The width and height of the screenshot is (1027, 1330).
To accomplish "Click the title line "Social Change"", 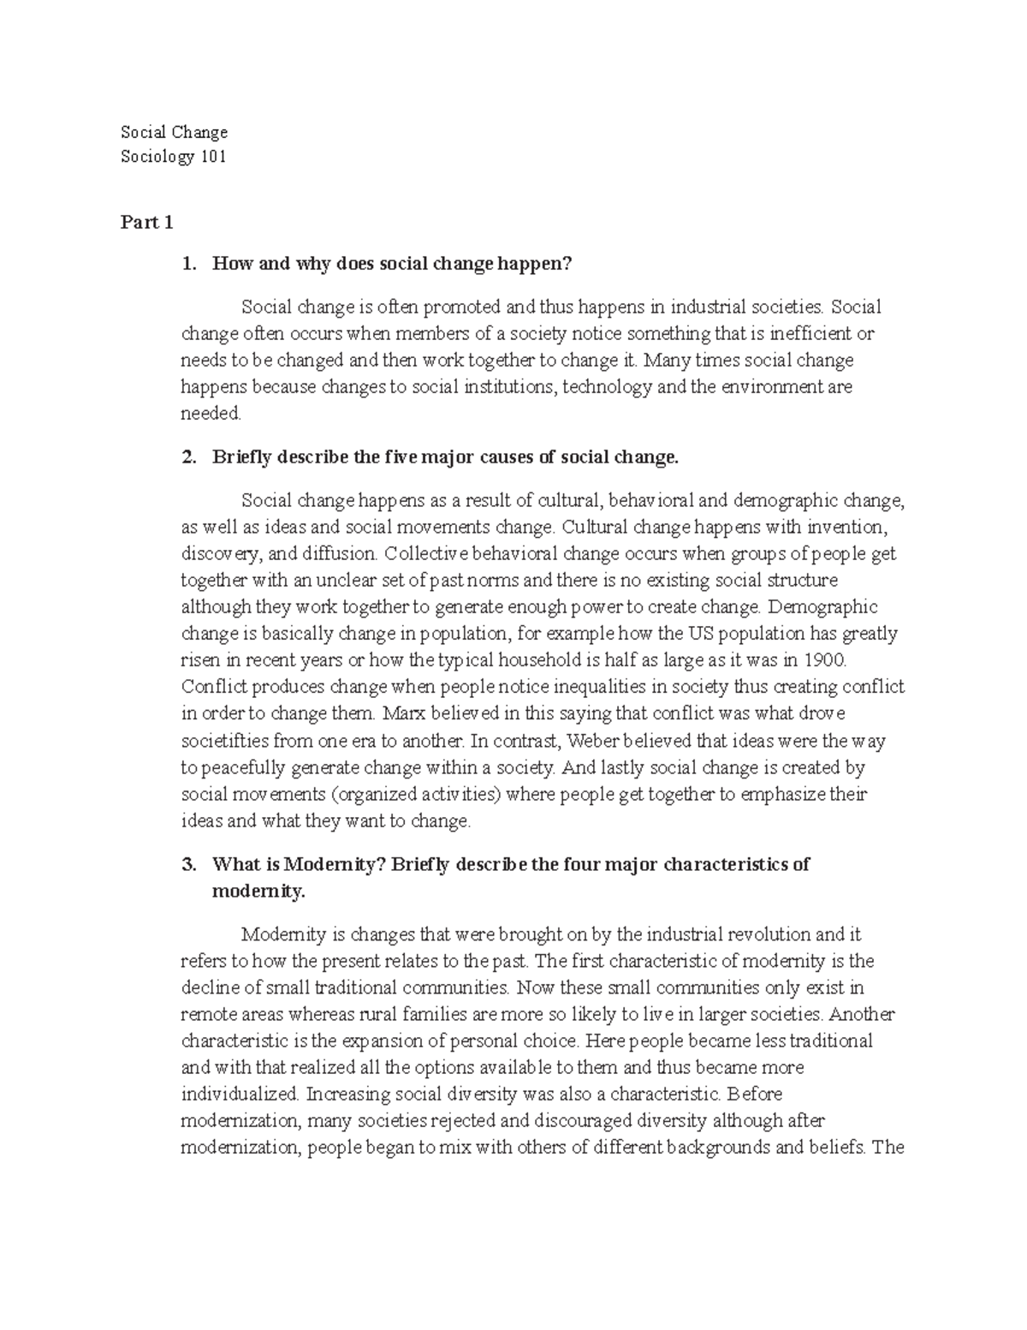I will (x=174, y=132).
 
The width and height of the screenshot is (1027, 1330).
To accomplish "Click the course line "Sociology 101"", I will (x=174, y=158).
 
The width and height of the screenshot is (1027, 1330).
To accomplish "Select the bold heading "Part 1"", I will (x=147, y=223).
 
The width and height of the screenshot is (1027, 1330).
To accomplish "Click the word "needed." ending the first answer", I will (x=211, y=414).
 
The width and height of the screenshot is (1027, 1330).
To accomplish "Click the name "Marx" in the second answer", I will (x=403, y=713).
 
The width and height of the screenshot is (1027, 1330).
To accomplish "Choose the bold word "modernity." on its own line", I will (x=258, y=892).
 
